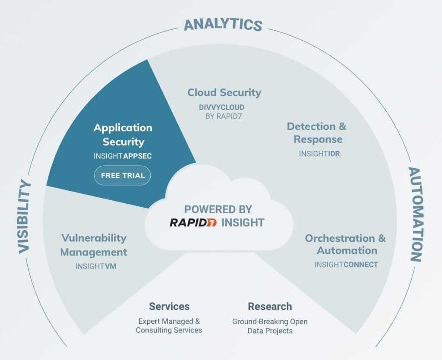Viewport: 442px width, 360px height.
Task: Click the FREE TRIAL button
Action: pyautogui.click(x=122, y=175)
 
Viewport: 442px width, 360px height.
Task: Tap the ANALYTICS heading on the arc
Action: pyautogui.click(x=223, y=24)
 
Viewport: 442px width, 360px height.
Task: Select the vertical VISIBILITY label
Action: pyautogui.click(x=24, y=217)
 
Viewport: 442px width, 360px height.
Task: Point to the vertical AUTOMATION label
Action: pyautogui.click(x=416, y=214)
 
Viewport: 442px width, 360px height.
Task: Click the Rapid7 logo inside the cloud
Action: pyautogui.click(x=193, y=222)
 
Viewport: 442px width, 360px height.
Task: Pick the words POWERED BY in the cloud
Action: pyautogui.click(x=218, y=209)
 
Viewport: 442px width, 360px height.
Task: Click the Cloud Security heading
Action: pyautogui.click(x=224, y=92)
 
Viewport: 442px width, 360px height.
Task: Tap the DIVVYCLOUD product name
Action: pyautogui.click(x=221, y=107)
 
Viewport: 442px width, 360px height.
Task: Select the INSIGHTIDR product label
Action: pyautogui.click(x=319, y=154)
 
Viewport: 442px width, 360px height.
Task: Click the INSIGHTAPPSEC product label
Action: pyautogui.click(x=123, y=156)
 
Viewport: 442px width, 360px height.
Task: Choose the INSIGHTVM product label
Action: pyautogui.click(x=96, y=266)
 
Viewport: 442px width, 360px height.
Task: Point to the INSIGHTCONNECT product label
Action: pyautogui.click(x=346, y=265)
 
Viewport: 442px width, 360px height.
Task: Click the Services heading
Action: pyautogui.click(x=169, y=306)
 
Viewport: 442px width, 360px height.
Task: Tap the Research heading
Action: pyautogui.click(x=270, y=306)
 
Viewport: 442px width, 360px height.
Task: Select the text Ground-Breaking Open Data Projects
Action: pyautogui.click(x=270, y=326)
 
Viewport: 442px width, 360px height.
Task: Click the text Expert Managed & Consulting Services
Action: pyautogui.click(x=169, y=325)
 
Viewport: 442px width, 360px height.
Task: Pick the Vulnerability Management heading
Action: pyautogui.click(x=94, y=245)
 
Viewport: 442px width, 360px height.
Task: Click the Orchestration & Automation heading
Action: pyautogui.click(x=345, y=244)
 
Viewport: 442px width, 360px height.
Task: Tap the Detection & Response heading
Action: pyautogui.click(x=316, y=133)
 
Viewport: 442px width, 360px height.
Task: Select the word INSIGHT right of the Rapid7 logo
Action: pyautogui.click(x=243, y=223)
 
